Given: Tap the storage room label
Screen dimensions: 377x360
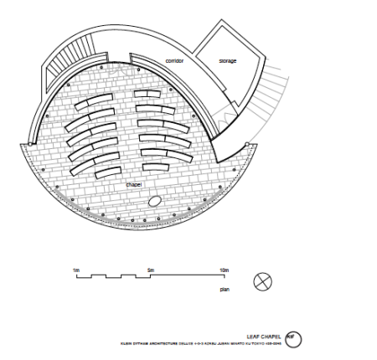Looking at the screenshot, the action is [228, 61].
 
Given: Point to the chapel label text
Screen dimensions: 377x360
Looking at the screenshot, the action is [134, 183].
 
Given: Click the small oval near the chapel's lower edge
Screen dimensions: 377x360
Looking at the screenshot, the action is [156, 203].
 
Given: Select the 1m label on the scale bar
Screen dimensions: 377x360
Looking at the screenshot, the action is [76, 270].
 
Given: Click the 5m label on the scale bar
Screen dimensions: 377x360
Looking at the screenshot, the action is [150, 270].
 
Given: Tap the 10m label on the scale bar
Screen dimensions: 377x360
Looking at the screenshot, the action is [223, 270].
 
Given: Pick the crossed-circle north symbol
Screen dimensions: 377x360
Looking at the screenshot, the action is [263, 282].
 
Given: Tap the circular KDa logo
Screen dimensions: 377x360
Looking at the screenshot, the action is [292, 339].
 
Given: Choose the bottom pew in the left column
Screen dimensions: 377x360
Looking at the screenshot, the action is [111, 173].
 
